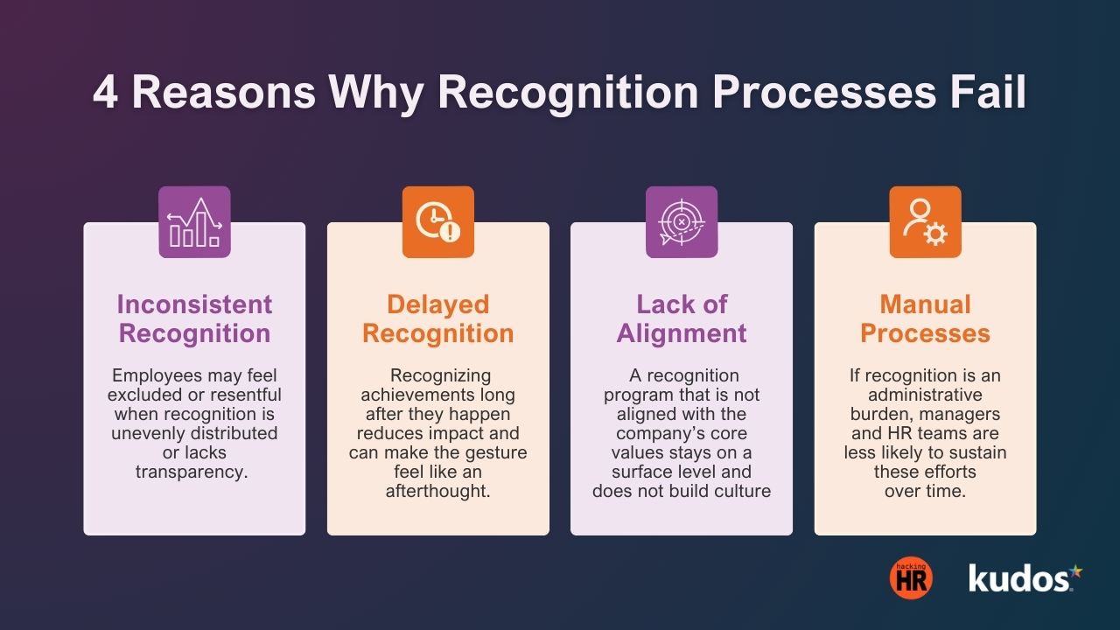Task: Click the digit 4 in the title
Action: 105,94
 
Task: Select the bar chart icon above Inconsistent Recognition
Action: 194,222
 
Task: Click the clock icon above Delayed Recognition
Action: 437,222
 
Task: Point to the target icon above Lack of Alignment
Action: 682,222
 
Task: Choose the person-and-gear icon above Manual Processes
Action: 925,222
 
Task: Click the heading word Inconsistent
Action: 194,304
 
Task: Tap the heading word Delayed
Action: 437,304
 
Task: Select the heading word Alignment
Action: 682,333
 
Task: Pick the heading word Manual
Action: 925,304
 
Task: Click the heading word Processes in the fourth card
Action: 925,333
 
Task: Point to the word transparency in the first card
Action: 191,472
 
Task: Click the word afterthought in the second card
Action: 437,491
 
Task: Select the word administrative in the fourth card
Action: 925,395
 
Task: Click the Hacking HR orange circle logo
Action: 911,578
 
